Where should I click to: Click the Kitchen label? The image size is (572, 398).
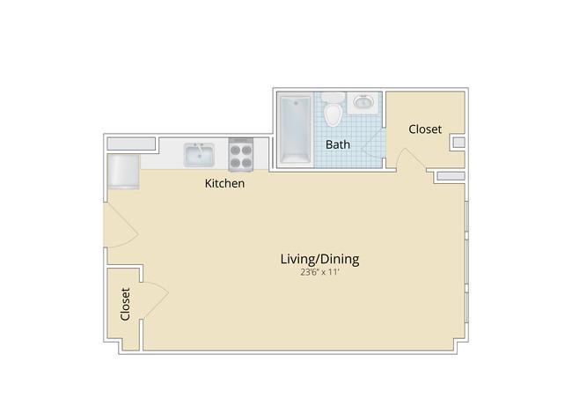[x=224, y=183]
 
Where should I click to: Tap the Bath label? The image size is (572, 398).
[x=338, y=144]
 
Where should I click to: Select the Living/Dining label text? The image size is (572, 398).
[x=320, y=259]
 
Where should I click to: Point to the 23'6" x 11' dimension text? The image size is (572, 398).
[x=320, y=272]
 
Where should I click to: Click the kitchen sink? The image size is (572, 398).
[x=199, y=155]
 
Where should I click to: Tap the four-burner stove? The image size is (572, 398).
[x=241, y=154]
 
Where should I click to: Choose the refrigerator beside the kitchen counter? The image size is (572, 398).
[x=123, y=172]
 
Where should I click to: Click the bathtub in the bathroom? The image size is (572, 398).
[x=295, y=129]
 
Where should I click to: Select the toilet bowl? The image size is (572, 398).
[x=333, y=114]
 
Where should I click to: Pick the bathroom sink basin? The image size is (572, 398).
[x=363, y=102]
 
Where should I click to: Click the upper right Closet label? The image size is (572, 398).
[x=425, y=129]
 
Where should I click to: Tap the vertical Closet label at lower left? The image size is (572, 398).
[x=125, y=304]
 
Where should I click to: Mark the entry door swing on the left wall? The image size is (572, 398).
[x=121, y=225]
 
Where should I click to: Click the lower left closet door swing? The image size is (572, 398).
[x=155, y=300]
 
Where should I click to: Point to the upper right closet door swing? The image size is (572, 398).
[x=411, y=158]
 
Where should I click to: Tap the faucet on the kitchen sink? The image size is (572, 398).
[x=199, y=149]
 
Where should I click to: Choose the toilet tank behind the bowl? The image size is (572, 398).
[x=333, y=98]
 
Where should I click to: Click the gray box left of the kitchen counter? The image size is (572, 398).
[x=131, y=144]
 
